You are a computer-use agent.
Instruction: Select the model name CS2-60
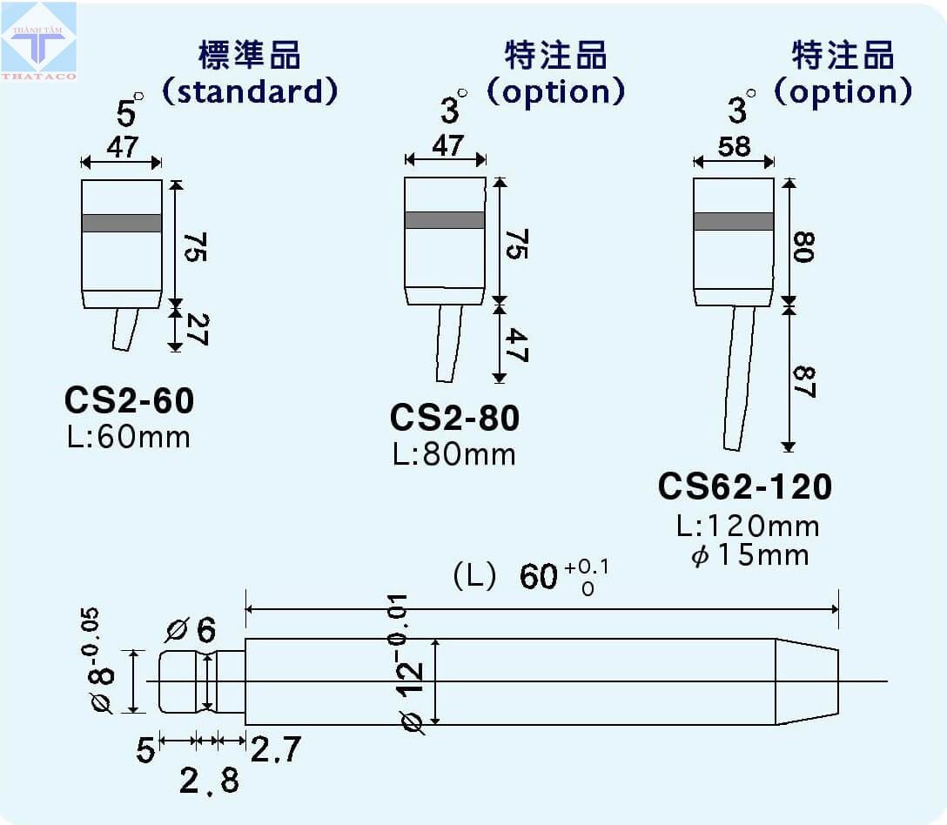(x=129, y=400)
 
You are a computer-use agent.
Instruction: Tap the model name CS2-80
(x=454, y=418)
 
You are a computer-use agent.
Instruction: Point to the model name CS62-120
(x=745, y=486)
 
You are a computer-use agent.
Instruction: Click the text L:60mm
(x=129, y=437)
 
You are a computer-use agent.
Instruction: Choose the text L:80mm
(x=454, y=455)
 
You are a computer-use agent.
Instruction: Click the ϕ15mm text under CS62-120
(x=750, y=555)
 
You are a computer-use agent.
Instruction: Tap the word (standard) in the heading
(x=250, y=92)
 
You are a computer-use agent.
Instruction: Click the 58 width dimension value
(x=734, y=147)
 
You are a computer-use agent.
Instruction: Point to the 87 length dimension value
(x=805, y=382)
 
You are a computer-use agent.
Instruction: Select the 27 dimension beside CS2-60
(x=198, y=329)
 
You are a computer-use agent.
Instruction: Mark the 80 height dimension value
(x=804, y=246)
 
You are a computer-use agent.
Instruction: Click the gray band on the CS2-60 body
(x=121, y=223)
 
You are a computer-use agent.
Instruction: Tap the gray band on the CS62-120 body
(x=734, y=221)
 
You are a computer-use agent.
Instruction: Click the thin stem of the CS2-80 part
(x=448, y=343)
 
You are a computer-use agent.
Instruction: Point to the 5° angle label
(x=129, y=110)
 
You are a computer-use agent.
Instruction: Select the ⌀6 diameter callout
(x=191, y=630)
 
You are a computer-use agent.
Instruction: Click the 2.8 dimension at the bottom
(x=209, y=781)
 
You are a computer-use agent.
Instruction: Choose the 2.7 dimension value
(x=275, y=749)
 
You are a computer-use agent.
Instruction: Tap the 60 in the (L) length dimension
(x=538, y=576)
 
